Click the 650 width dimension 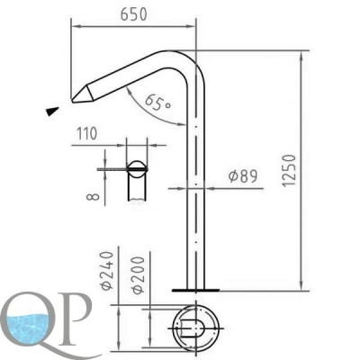click(133, 14)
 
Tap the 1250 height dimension click(289, 170)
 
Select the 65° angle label click(157, 103)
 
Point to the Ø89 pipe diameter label click(242, 175)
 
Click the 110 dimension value click(87, 133)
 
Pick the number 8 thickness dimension click(93, 196)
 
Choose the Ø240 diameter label click(107, 271)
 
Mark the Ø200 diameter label click(138, 275)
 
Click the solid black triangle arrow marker click(52, 111)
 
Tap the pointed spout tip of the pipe click(73, 100)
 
